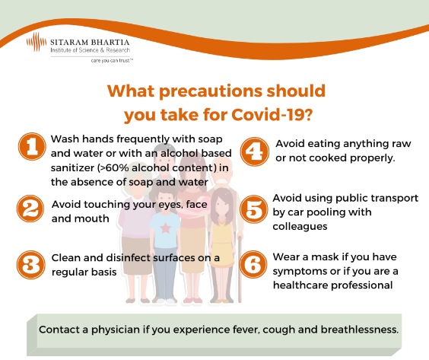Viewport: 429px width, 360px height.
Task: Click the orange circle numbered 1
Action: point(32,146)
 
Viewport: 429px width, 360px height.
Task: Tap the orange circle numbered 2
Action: point(30,209)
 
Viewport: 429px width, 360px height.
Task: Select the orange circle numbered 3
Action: point(30,265)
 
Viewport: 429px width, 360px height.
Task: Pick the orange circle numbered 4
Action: point(255,151)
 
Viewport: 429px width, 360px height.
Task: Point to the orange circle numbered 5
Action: point(253,209)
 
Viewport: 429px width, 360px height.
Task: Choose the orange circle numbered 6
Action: point(253,265)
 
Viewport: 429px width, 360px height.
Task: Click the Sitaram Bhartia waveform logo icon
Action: point(37,42)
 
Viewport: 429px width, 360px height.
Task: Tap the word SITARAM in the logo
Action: point(69,42)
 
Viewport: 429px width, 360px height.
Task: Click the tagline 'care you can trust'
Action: point(112,60)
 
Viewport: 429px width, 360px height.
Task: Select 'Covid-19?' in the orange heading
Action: point(272,114)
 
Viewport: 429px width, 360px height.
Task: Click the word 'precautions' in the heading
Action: point(211,91)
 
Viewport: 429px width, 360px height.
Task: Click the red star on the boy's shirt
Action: point(165,228)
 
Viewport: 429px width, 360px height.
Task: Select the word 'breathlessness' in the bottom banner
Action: point(359,330)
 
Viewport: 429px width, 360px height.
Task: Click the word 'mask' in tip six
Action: point(323,256)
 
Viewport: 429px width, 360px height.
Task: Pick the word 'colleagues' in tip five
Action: point(300,226)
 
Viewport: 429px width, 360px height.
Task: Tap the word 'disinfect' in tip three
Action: point(128,257)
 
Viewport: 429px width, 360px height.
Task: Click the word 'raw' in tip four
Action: point(402,144)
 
